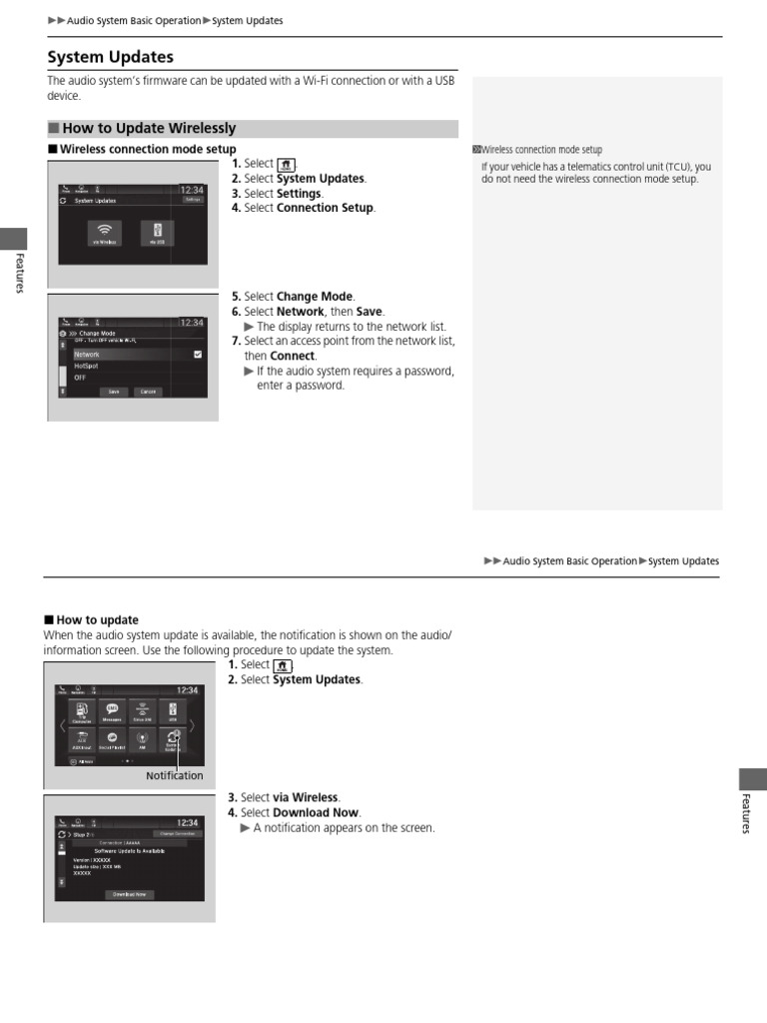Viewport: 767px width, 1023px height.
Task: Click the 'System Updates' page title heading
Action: pos(111,57)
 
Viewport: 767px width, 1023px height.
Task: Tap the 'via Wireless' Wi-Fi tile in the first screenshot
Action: pos(105,233)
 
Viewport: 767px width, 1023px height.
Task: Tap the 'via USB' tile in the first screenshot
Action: pos(157,233)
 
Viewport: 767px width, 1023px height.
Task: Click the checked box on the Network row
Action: pos(198,354)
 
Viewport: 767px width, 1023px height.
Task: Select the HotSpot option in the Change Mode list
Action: pos(87,366)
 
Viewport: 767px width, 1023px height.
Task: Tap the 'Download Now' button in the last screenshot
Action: pos(129,894)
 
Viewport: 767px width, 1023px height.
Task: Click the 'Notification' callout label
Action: pos(174,776)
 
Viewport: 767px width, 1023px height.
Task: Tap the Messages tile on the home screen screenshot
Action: pos(113,711)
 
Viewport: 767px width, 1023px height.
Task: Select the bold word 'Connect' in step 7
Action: pos(294,356)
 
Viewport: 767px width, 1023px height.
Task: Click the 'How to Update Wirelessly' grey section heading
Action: pos(149,129)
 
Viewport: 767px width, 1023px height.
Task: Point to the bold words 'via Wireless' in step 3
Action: pos(306,797)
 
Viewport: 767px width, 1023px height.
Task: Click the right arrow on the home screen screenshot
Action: pos(192,724)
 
